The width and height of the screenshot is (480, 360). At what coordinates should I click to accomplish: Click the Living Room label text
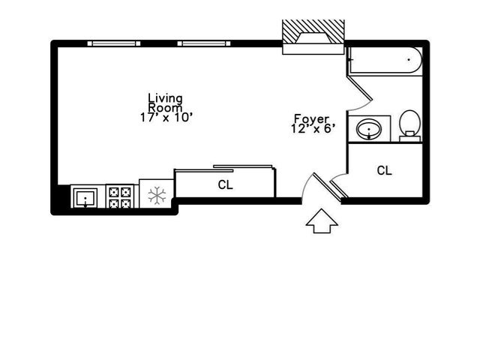[165, 102]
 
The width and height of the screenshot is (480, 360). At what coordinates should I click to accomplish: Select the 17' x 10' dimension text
[166, 117]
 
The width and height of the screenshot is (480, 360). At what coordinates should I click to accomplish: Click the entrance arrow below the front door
[322, 220]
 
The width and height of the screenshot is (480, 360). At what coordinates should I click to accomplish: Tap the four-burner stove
[120, 197]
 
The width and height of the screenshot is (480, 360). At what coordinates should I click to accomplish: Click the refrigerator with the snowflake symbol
[156, 196]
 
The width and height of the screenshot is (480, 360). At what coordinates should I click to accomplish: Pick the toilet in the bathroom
[409, 124]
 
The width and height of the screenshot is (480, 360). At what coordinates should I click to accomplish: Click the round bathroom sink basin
[368, 129]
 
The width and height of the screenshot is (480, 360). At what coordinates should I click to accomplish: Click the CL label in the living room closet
[224, 184]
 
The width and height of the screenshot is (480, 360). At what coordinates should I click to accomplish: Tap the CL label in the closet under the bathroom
[384, 171]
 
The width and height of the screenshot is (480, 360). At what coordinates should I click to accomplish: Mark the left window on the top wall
[113, 43]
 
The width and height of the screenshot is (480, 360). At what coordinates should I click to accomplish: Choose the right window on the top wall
[203, 43]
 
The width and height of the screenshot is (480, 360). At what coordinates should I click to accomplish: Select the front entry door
[328, 187]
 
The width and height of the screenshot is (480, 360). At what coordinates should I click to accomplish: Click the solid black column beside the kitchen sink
[60, 199]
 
